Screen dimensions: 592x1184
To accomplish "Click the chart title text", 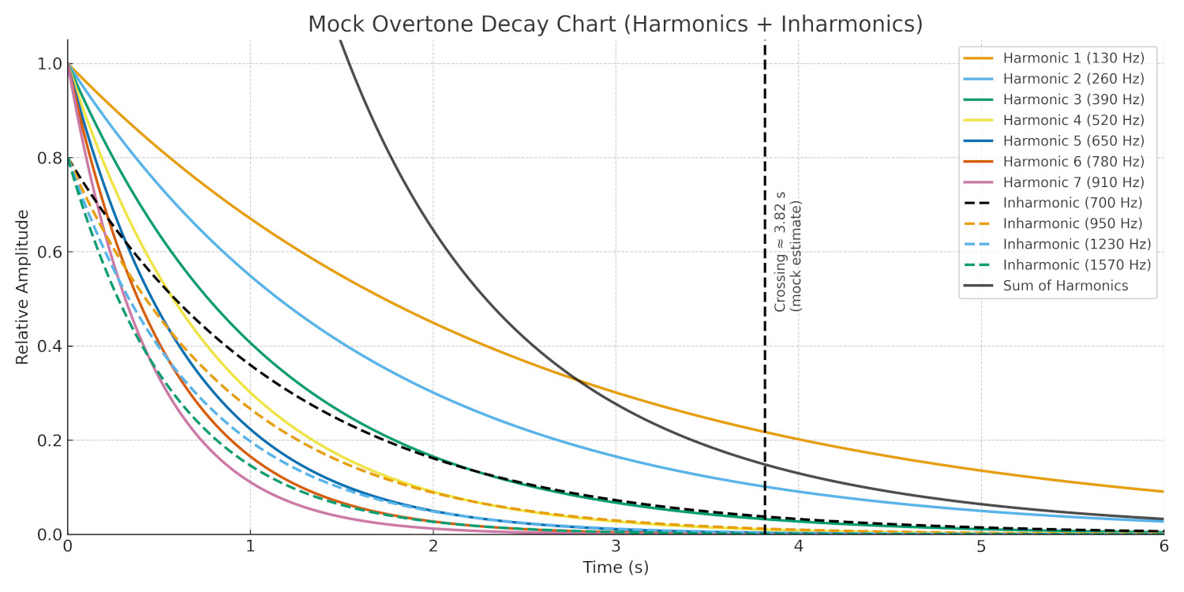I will coord(615,24).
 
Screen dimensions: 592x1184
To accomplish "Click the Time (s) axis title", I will coord(616,568).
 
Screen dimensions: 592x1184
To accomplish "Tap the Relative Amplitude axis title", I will coord(22,287).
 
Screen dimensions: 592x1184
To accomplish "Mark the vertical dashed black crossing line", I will coord(765,395).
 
